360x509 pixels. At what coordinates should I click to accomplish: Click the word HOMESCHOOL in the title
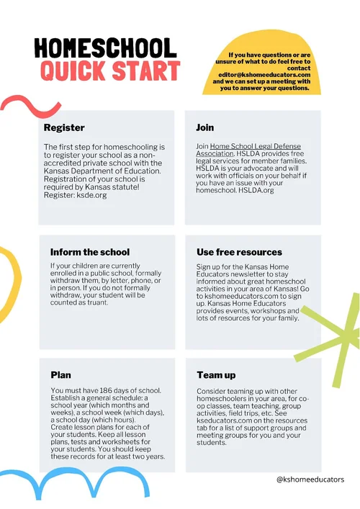(105, 48)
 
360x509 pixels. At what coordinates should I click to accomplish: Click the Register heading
(64, 128)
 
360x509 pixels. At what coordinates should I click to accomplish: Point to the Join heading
(204, 128)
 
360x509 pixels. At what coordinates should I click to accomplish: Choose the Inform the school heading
(90, 252)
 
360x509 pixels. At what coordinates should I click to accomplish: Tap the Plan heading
(60, 375)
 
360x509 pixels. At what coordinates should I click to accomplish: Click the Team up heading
(217, 375)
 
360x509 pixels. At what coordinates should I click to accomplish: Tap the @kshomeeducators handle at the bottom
(310, 479)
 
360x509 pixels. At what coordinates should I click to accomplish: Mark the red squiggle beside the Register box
(27, 108)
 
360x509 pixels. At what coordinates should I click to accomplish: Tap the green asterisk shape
(336, 341)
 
